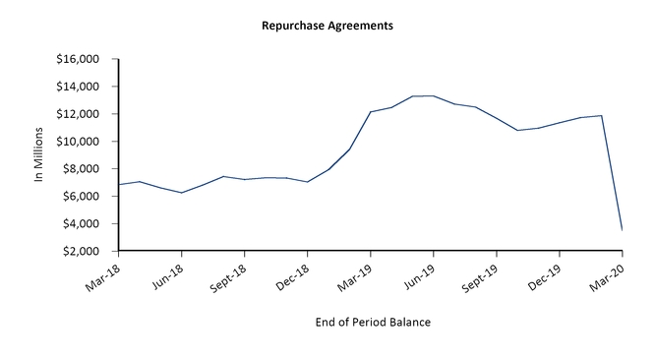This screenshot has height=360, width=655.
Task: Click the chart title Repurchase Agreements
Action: coord(327,25)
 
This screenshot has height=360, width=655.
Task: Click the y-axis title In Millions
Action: coord(40,156)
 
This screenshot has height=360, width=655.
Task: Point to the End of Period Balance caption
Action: coord(372,322)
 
